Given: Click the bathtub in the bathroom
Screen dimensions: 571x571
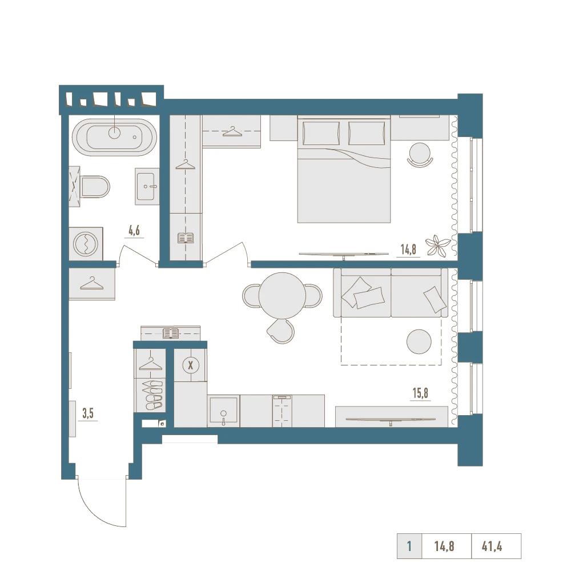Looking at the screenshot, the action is [114, 138].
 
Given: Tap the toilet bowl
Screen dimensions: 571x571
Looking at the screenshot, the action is [95, 187].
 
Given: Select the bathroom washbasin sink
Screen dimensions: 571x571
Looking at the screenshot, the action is [147, 186].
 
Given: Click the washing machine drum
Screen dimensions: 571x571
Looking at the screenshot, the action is [86, 244].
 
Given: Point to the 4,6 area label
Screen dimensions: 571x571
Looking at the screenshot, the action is [134, 231].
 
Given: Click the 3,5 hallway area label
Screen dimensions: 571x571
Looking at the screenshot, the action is [88, 413].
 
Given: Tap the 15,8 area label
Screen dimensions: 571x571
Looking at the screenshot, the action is [420, 393].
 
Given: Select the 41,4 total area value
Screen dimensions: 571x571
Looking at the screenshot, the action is [492, 546].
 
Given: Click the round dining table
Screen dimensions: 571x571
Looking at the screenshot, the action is [282, 295].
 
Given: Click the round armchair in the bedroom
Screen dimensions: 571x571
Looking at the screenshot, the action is [420, 155].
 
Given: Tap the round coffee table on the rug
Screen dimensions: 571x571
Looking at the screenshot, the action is [419, 341].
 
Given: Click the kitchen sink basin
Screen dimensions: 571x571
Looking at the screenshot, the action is [223, 411].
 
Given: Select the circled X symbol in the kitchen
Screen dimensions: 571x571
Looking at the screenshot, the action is [191, 365].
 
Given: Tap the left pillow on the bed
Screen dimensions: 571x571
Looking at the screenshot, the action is [321, 133].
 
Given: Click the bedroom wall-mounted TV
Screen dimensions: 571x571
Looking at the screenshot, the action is [344, 255].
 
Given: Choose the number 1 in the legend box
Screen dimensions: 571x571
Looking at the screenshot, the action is [409, 546].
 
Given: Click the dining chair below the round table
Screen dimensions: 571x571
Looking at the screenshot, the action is [281, 331].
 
